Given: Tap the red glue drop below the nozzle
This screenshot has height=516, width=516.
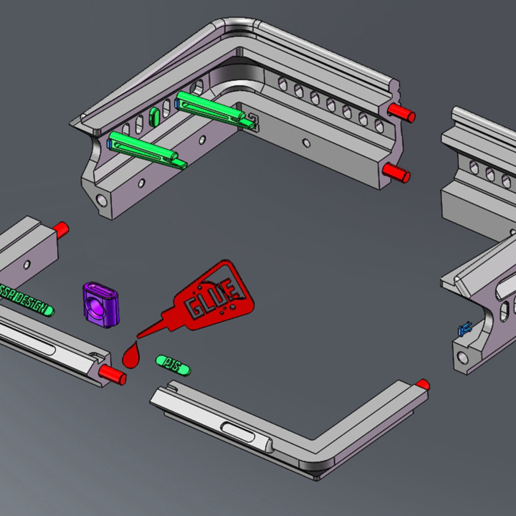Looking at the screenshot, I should coord(132,355).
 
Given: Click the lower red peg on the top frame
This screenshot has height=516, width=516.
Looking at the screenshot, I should coord(396,172).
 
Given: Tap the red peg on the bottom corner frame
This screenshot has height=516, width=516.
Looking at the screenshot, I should coord(423,384).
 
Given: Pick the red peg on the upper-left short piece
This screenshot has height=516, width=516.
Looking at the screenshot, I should coord(59,229).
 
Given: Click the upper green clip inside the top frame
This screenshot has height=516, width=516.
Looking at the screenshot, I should coord(211,107).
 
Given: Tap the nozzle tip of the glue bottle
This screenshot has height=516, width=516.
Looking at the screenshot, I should coord(140,335).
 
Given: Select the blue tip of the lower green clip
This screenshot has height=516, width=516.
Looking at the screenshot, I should coord(110,143).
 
